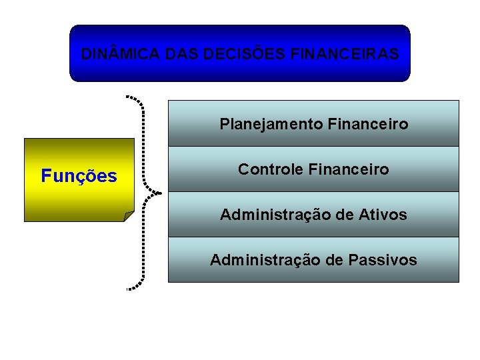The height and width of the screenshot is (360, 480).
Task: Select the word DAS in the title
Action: (x=181, y=54)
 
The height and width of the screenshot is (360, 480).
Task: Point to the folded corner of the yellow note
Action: (x=129, y=215)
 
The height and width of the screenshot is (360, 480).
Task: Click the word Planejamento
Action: (x=271, y=125)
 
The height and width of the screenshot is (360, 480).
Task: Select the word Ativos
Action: (x=383, y=215)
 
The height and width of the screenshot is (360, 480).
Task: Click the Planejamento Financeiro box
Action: (x=313, y=123)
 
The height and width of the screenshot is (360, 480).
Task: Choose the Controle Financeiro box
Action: (x=313, y=169)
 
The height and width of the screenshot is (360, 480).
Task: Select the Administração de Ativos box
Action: (x=313, y=215)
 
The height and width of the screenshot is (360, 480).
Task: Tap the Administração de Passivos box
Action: (x=313, y=260)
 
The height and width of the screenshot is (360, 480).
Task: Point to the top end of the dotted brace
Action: (x=127, y=97)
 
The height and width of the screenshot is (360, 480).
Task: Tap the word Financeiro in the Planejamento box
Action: (x=369, y=125)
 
